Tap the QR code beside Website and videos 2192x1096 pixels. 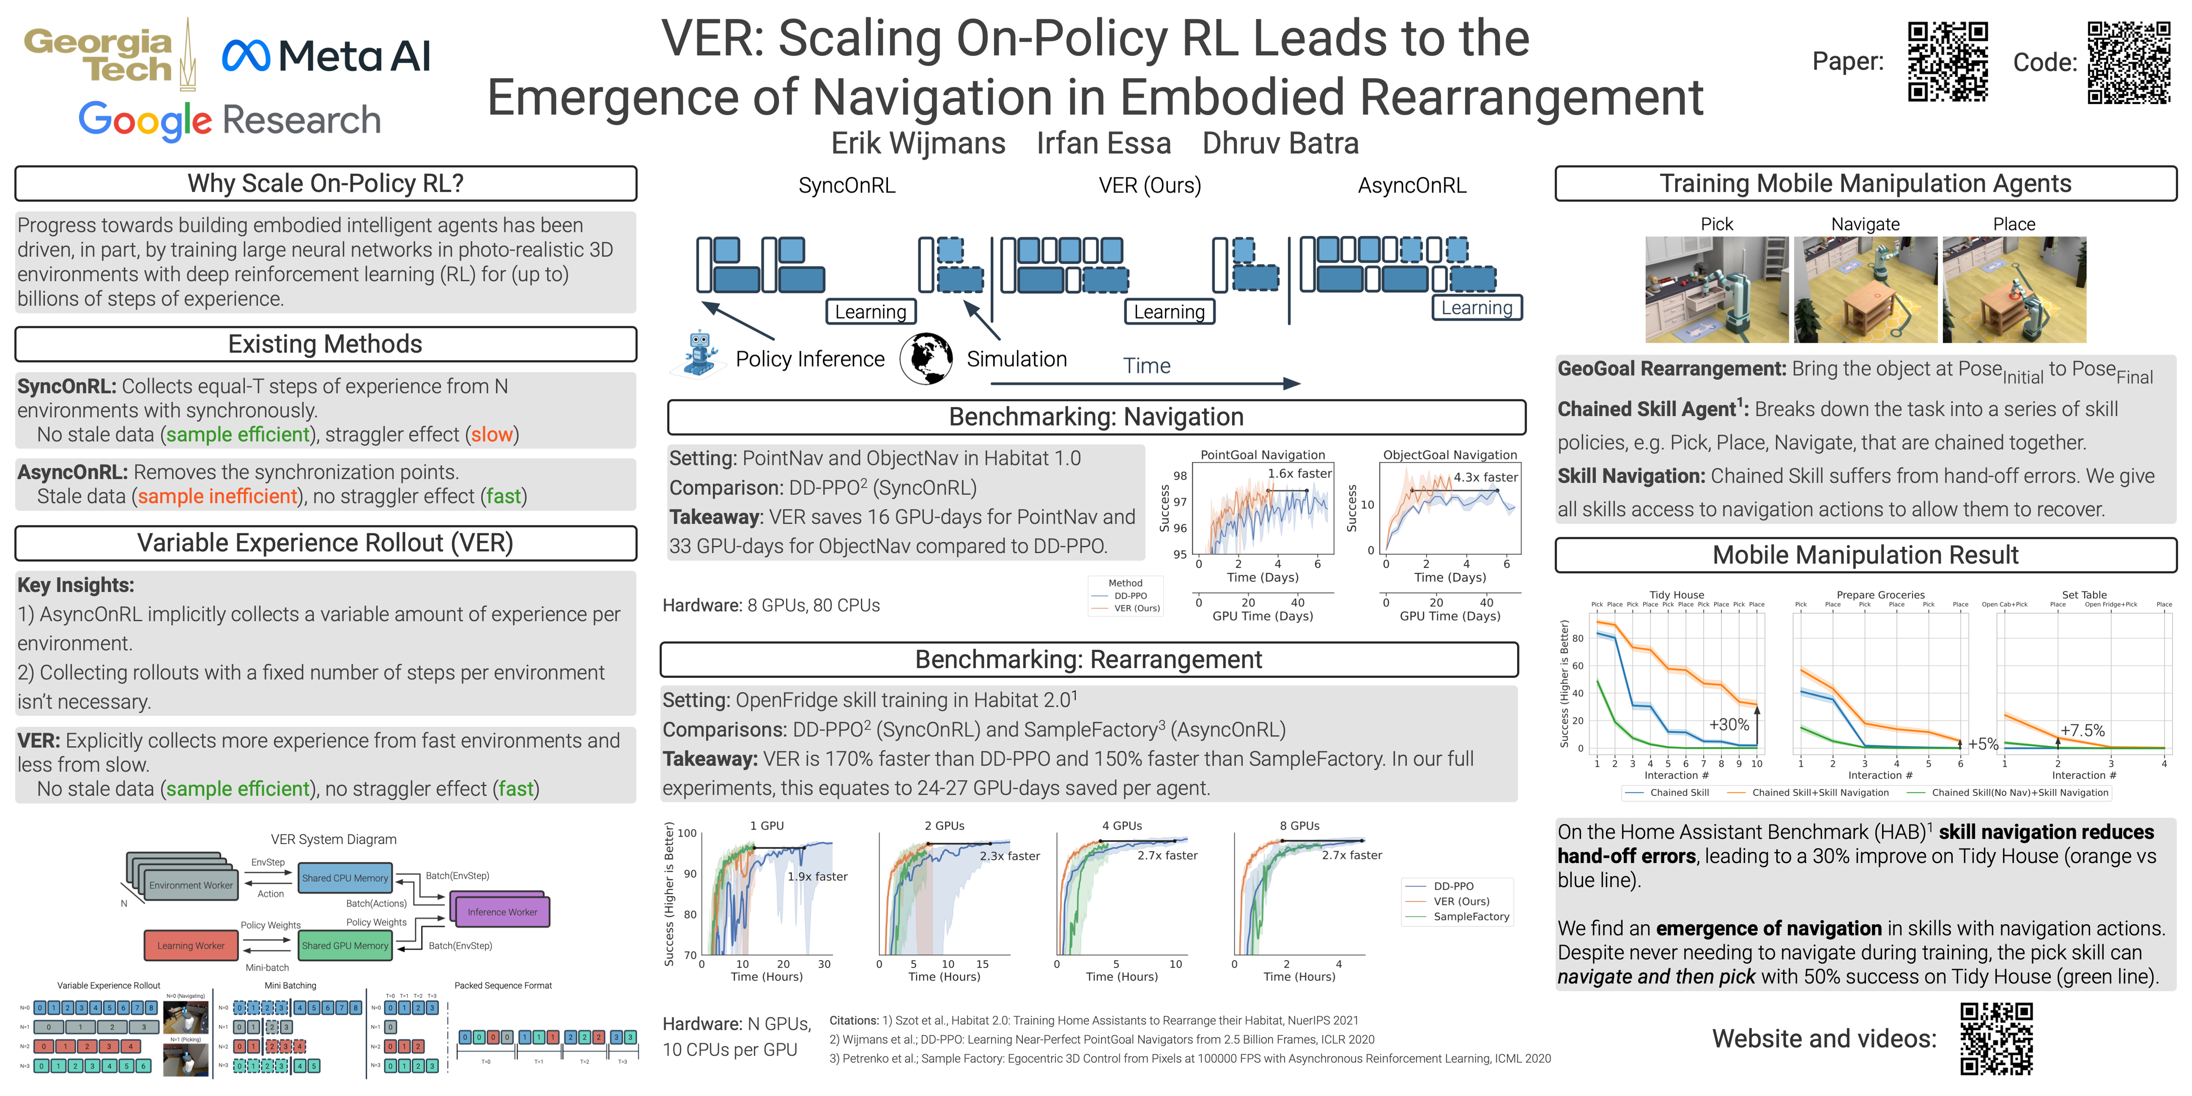1996,1038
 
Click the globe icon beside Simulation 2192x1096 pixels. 926,358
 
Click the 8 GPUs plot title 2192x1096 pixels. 1299,825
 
